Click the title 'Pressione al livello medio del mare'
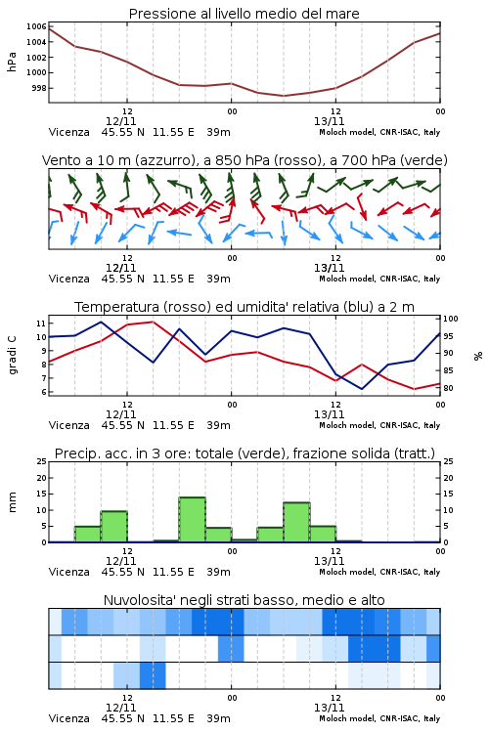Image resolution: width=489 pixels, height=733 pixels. click(x=244, y=14)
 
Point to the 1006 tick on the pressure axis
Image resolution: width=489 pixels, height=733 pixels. click(x=36, y=26)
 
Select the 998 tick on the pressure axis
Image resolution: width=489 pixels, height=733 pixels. click(x=39, y=88)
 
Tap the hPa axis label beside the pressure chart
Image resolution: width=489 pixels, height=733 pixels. click(x=12, y=62)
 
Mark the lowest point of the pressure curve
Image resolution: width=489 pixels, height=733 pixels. click(x=283, y=96)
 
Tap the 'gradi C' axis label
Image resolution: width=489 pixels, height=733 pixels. click(x=13, y=355)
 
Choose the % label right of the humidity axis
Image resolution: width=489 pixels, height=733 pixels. click(x=478, y=356)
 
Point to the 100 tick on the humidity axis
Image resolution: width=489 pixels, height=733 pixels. click(x=451, y=319)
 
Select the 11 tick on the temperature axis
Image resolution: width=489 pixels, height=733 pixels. click(x=41, y=323)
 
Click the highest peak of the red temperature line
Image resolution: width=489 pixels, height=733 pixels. click(x=153, y=322)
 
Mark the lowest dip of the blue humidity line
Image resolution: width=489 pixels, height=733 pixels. click(x=362, y=389)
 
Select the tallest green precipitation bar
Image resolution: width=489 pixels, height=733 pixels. click(x=193, y=519)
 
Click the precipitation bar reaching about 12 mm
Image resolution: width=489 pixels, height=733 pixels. click(x=296, y=522)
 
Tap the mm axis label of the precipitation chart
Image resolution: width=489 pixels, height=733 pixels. click(x=13, y=502)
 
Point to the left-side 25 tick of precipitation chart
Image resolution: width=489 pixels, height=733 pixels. click(x=42, y=461)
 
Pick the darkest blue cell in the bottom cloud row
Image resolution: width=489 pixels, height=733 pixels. click(x=153, y=675)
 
